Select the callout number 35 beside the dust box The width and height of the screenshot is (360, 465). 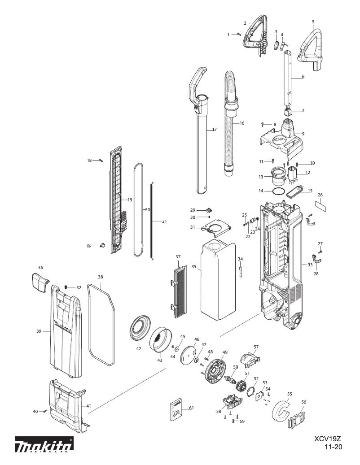194,266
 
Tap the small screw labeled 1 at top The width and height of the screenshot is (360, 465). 239,34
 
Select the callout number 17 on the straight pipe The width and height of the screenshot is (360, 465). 214,130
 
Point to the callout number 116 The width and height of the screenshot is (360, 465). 88,246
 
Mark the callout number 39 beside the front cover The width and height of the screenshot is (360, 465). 39,331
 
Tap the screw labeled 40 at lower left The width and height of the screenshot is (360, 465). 45,411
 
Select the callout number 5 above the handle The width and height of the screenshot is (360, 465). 313,22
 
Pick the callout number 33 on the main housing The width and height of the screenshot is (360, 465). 310,265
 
